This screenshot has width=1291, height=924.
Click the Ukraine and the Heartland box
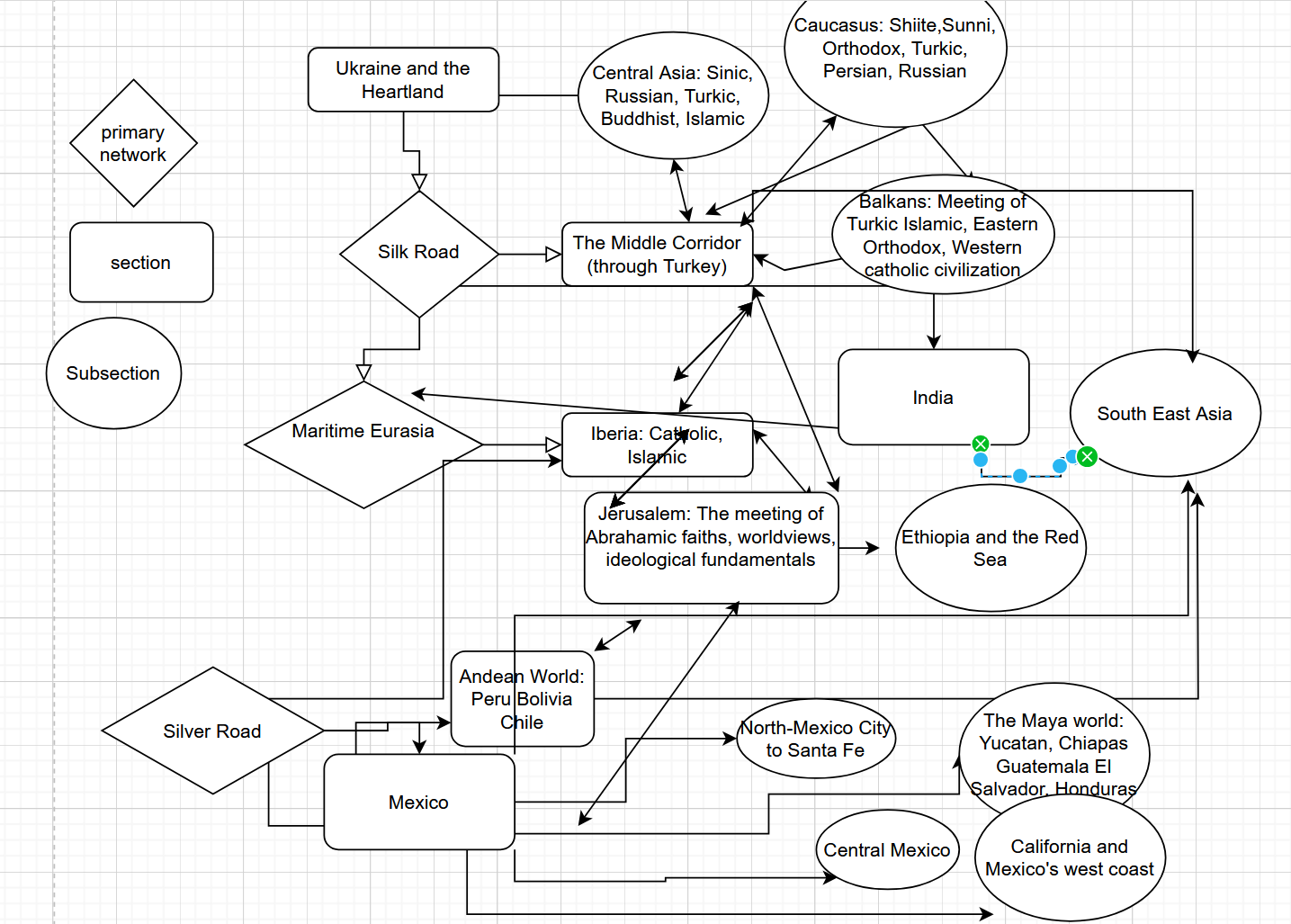click(403, 80)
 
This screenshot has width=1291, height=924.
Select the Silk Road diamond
click(418, 253)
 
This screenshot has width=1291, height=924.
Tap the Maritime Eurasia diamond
click(363, 444)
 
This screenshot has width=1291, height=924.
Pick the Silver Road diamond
click(212, 731)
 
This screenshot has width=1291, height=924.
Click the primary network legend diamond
click(133, 143)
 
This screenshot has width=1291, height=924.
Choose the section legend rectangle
click(141, 263)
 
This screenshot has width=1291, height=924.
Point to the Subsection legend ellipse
click(113, 373)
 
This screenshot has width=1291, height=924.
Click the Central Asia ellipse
click(673, 96)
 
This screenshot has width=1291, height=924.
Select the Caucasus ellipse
click(895, 54)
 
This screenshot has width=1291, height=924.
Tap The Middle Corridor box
click(657, 255)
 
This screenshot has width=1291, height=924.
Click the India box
click(933, 398)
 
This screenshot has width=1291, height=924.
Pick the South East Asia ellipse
click(1165, 414)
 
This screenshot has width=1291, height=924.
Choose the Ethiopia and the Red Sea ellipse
click(991, 548)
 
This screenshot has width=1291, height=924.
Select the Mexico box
click(419, 803)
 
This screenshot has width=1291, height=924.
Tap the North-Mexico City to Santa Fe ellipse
click(815, 739)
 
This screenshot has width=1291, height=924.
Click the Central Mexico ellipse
click(887, 850)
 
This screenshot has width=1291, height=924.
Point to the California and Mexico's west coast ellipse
click(1070, 858)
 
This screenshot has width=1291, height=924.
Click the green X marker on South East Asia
click(1087, 456)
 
